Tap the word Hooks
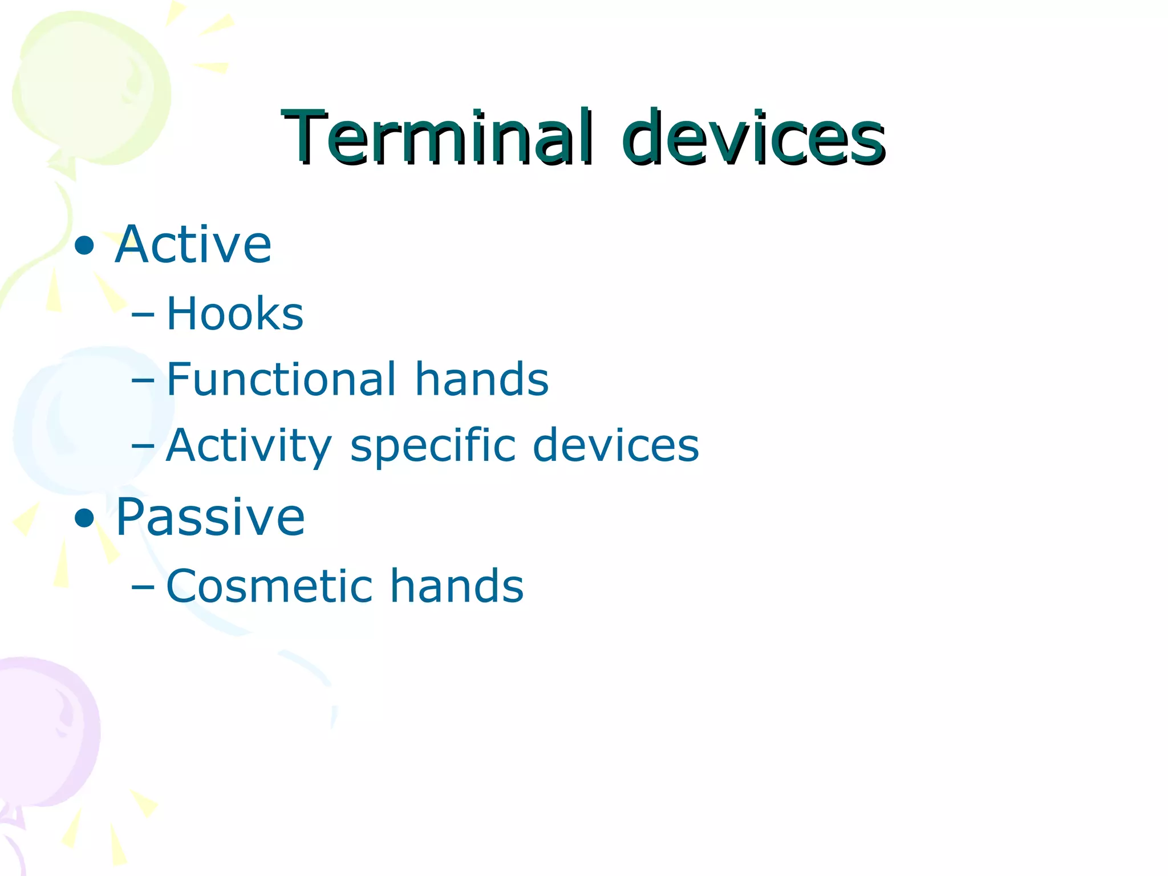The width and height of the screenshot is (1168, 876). click(x=234, y=314)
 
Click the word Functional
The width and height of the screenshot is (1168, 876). click(x=281, y=379)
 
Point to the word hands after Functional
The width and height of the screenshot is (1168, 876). click(x=481, y=379)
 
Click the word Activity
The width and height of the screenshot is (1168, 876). click(x=249, y=446)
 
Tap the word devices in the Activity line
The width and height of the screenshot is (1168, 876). click(x=615, y=446)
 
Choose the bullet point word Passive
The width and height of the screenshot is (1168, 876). click(x=210, y=517)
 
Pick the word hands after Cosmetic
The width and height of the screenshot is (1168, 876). click(x=456, y=586)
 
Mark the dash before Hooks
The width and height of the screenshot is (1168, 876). click(x=143, y=314)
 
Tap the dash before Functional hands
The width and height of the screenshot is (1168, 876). click(x=143, y=380)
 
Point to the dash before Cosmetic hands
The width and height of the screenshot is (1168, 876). click(x=143, y=587)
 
